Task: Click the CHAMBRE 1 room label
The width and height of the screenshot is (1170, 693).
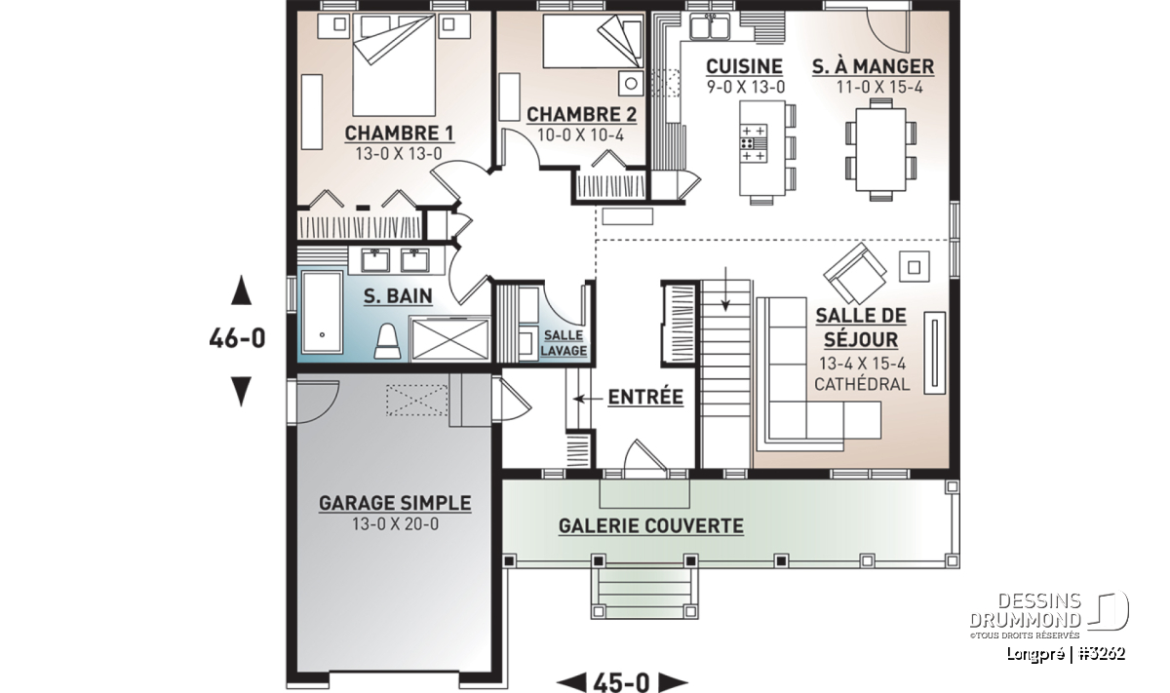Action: pos(399,134)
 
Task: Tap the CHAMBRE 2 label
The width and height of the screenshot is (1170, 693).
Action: pos(581,114)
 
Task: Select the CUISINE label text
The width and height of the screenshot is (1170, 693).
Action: pos(744,67)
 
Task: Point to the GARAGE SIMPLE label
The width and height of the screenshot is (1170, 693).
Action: pos(395,503)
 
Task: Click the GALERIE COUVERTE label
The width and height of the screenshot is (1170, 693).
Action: pos(651,526)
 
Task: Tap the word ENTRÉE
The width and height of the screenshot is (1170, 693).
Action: pos(645,398)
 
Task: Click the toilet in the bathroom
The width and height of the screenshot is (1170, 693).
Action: pos(388,341)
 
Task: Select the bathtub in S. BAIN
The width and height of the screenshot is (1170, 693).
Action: pos(323,312)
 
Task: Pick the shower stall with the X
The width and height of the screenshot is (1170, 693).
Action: pos(449,338)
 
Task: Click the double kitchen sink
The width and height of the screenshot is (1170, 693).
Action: pos(710,26)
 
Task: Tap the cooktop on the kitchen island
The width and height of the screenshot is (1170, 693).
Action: pos(753,143)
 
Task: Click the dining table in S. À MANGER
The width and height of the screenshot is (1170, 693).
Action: pos(880,150)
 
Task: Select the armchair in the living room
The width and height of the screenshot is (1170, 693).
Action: pos(854,273)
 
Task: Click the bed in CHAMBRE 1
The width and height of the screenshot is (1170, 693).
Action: pos(394,64)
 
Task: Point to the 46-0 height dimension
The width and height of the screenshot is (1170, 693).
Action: pos(238,338)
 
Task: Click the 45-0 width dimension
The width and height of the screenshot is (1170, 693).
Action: pos(622,682)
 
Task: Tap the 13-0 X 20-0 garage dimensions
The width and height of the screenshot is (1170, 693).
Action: pos(396,523)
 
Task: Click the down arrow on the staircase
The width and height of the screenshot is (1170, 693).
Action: pos(725,289)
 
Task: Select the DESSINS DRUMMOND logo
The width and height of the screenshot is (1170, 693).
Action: pos(1049,615)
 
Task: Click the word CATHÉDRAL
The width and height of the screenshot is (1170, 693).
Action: pos(862,384)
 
